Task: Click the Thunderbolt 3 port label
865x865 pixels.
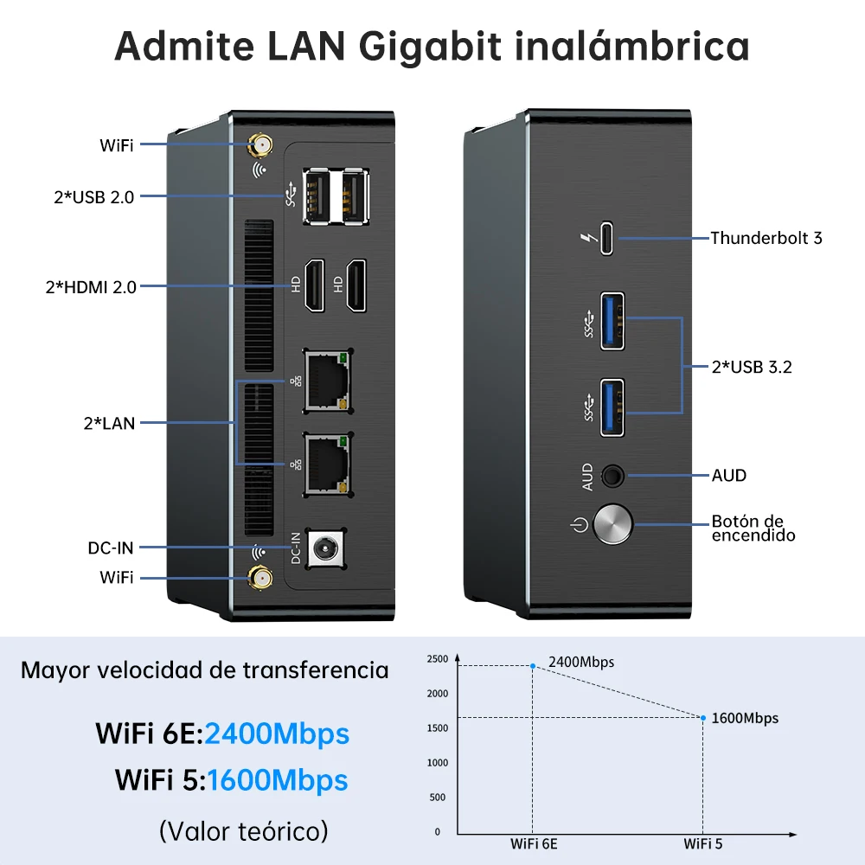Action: click(766, 238)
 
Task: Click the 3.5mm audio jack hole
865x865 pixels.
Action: click(613, 475)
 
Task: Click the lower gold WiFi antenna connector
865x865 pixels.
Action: click(258, 579)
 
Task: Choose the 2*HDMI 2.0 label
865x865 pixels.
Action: click(91, 287)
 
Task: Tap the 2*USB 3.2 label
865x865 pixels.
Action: click(752, 367)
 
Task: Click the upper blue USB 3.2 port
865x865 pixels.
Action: click(612, 321)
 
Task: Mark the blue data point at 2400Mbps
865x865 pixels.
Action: click(533, 665)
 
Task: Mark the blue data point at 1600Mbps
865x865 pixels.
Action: click(703, 717)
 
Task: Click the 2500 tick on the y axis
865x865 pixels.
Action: click(438, 660)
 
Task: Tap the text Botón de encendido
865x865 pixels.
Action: click(753, 528)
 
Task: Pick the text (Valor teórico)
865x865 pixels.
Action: click(244, 831)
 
